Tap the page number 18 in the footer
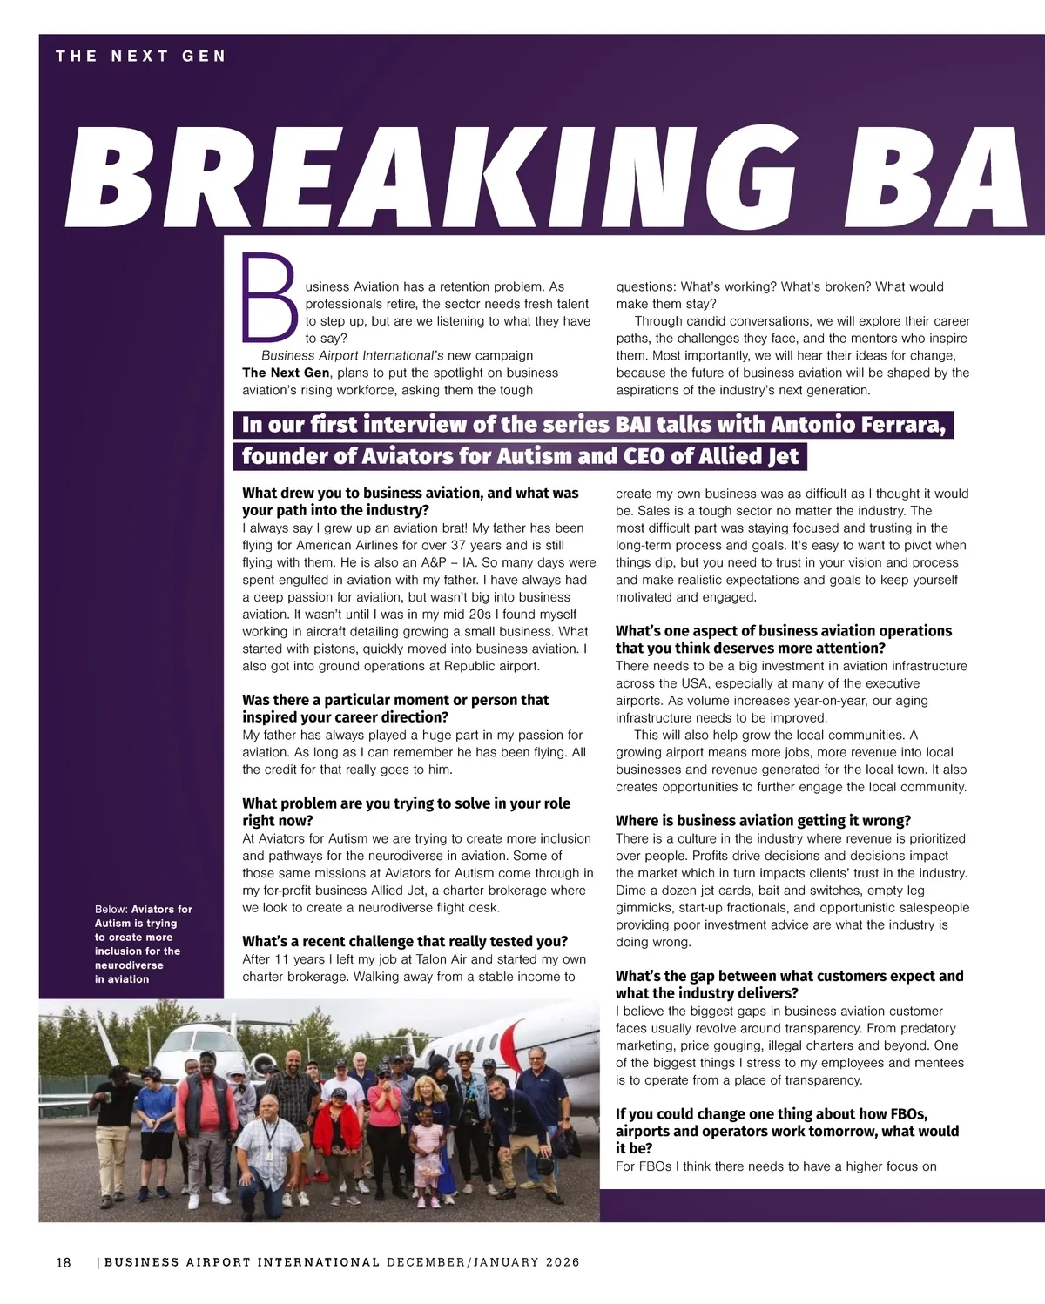tap(64, 1262)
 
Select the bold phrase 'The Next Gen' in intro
tap(286, 373)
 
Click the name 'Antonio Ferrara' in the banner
tap(871, 425)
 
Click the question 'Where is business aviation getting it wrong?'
tap(763, 821)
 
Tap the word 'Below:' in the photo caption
tap(111, 910)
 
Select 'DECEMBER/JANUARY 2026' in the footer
tap(483, 1262)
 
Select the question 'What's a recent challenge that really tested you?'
tap(405, 941)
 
